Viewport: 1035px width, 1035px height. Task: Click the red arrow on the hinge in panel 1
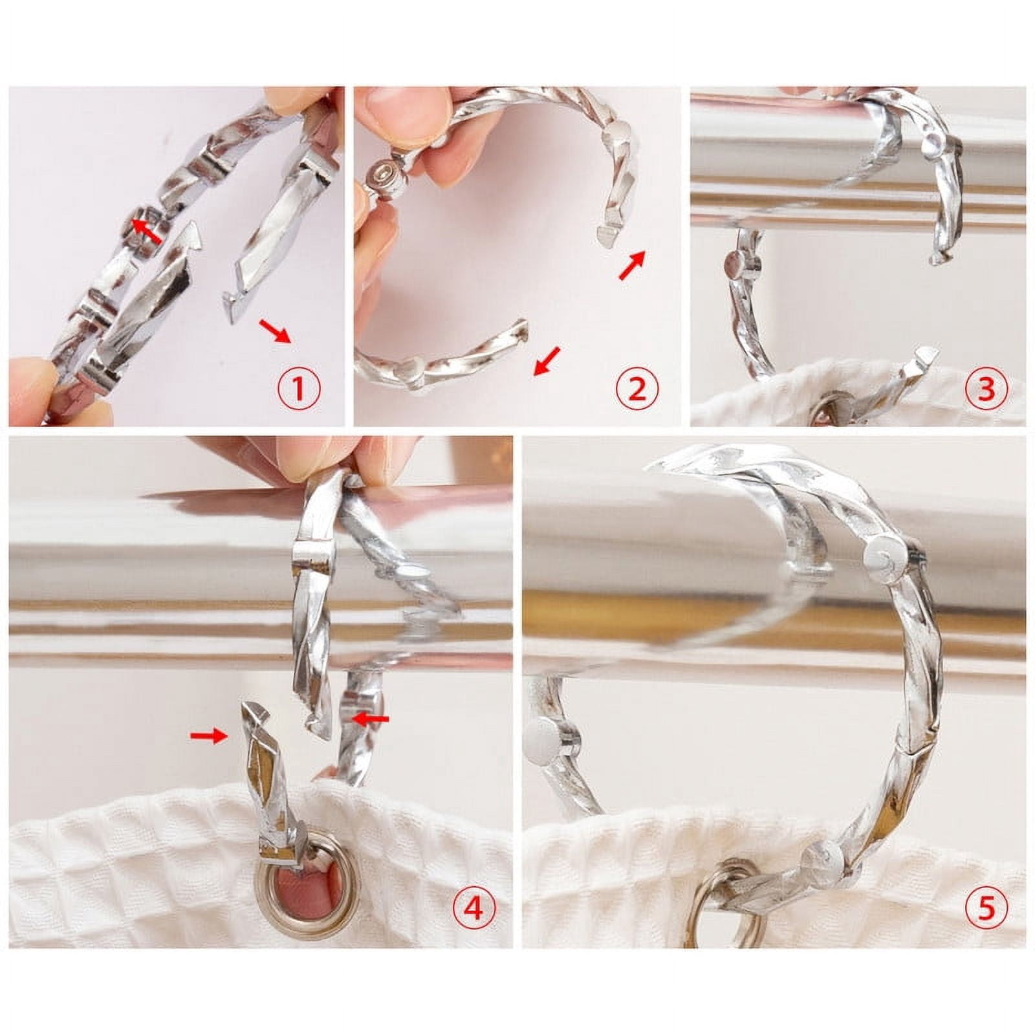pos(147,230)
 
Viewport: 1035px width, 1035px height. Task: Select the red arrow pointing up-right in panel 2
pos(633,265)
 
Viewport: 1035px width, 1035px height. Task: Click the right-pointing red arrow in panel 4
pos(208,734)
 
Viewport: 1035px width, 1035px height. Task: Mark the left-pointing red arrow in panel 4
pos(371,718)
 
